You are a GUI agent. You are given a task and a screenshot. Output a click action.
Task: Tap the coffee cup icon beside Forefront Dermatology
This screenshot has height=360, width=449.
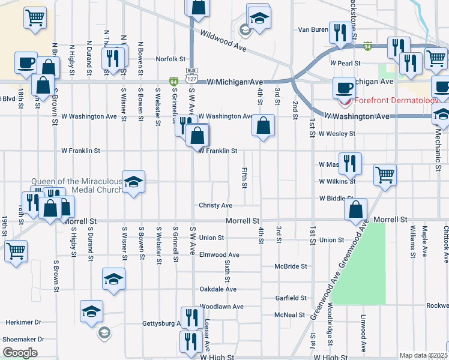[x=345, y=88]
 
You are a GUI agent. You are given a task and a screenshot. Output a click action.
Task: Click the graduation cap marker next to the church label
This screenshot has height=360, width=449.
[x=133, y=182]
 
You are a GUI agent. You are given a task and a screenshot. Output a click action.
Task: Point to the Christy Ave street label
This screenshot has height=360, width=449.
[x=215, y=205]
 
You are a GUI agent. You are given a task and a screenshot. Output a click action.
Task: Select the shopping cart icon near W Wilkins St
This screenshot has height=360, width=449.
[x=385, y=175]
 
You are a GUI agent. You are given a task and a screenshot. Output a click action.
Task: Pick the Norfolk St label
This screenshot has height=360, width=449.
[x=171, y=59]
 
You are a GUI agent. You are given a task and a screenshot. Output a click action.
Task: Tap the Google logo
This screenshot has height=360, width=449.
[x=20, y=353]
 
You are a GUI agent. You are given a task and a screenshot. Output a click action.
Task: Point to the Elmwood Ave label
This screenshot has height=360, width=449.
[x=219, y=255]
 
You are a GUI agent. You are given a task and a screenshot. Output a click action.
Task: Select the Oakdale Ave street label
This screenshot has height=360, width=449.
[x=218, y=289]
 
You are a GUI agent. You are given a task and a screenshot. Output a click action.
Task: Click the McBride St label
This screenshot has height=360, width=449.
[x=291, y=266]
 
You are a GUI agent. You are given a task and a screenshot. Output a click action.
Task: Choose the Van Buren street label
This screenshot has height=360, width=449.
[x=312, y=29]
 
